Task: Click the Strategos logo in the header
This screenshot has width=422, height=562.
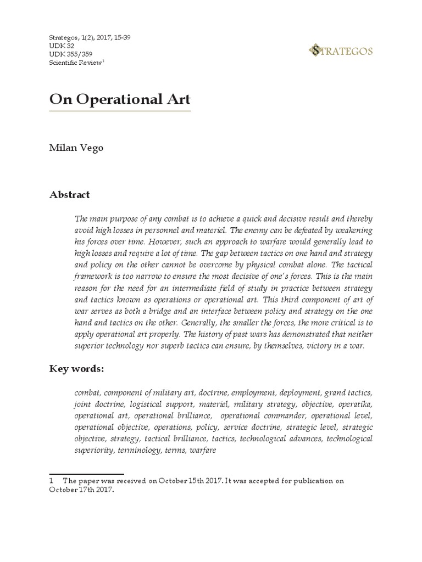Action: (341, 52)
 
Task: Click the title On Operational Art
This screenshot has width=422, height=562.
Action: (120, 99)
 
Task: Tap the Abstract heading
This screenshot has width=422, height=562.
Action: (69, 195)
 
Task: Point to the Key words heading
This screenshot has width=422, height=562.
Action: (76, 369)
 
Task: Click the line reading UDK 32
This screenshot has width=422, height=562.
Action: (60, 46)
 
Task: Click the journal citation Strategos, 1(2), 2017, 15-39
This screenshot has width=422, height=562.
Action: (90, 37)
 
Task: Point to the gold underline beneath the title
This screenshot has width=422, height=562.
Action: (120, 111)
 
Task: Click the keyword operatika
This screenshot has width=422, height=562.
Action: (354, 404)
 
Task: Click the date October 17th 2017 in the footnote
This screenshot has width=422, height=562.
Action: (81, 491)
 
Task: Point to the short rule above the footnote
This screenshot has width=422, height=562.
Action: (86, 474)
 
